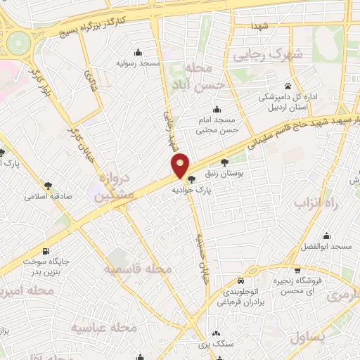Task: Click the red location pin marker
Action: pos(181,165)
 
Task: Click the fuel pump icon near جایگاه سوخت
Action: pos(46,251)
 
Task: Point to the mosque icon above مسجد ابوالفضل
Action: pos(326,236)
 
